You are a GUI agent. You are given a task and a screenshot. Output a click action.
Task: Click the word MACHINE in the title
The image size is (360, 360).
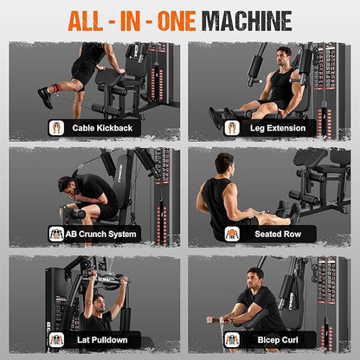coord(247,21)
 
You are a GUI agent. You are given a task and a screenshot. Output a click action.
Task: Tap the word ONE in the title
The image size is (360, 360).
coord(177,21)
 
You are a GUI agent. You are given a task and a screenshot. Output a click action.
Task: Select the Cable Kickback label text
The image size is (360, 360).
coord(102,128)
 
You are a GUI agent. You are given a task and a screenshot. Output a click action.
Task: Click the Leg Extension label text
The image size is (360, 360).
coord(278,128)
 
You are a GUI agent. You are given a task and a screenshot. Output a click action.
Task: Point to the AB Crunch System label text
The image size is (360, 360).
coord(100,234)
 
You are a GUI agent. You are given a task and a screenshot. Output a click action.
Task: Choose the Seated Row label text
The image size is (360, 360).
coord(278,234)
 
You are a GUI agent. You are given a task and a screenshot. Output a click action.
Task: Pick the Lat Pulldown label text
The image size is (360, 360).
coord(102,340)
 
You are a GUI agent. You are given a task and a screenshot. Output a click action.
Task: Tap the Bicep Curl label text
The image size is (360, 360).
coord(278,340)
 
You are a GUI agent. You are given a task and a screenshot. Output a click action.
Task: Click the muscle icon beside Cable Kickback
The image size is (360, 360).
coord(56,128)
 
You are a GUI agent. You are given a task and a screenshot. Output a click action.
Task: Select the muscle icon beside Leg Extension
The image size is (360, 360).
coord(232,128)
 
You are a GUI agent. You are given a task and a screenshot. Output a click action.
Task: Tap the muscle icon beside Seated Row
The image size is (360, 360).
coord(232,234)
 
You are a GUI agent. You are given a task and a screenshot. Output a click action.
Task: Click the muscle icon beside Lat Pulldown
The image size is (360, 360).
coord(56,340)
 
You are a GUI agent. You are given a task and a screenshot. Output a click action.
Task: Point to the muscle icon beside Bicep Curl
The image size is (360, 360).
coord(232,340)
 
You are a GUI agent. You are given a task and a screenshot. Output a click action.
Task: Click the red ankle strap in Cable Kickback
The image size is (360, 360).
coord(56,88)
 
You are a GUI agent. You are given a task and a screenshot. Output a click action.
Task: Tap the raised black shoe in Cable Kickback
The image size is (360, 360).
coord(46,98)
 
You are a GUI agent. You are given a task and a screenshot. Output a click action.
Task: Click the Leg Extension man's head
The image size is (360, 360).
coord(284,56)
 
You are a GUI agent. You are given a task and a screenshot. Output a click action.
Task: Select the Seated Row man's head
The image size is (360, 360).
coord(225,164)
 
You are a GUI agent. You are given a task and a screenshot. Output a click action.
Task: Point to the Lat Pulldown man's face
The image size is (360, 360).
coord(100,304)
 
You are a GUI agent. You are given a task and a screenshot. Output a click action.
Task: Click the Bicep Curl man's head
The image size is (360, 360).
coord(255,278)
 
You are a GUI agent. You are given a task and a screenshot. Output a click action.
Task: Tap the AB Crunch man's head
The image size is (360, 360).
coord(67,188)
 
